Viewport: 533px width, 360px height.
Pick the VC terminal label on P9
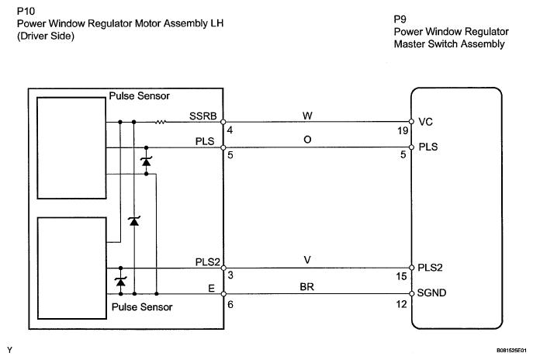tap(425, 122)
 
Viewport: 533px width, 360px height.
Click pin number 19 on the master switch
tap(400, 133)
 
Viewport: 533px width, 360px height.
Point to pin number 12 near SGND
tap(400, 305)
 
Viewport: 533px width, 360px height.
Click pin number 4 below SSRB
tap(230, 133)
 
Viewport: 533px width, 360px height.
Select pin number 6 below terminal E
tap(230, 305)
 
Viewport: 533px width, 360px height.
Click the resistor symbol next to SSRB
tap(161, 122)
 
